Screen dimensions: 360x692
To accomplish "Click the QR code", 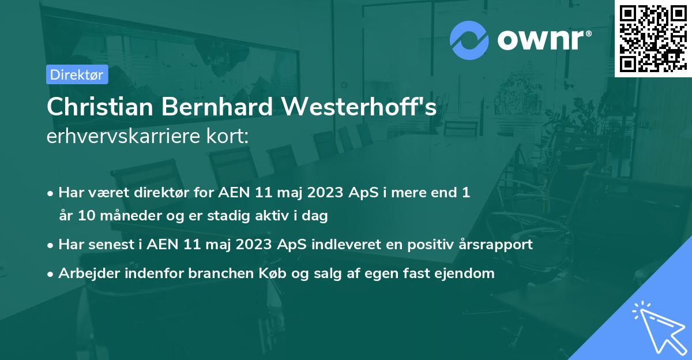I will (x=653, y=38).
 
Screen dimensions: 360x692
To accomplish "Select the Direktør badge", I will (x=77, y=74).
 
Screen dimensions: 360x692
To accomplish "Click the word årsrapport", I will (x=496, y=244).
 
